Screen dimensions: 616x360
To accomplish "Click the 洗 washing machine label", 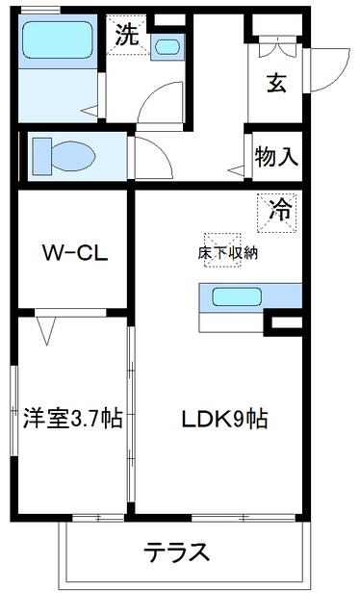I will pyautogui.click(x=126, y=37).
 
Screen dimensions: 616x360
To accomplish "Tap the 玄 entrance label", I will pyautogui.click(x=275, y=84).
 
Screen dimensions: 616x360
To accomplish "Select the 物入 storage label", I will pyautogui.click(x=275, y=156).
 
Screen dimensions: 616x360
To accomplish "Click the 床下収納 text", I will pyautogui.click(x=228, y=253).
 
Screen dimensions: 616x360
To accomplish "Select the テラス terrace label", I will pyautogui.click(x=177, y=552).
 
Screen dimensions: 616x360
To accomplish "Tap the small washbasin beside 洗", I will pyautogui.click(x=167, y=45).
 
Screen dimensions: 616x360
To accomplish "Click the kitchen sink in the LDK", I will pyautogui.click(x=237, y=297).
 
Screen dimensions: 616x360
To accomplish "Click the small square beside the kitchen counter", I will pyautogui.click(x=285, y=322).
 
